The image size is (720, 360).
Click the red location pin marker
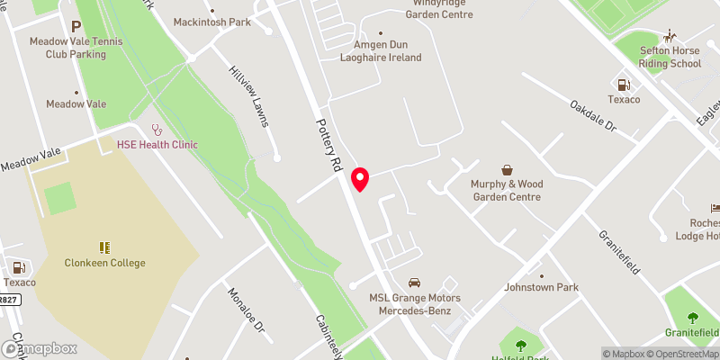pos(360,179)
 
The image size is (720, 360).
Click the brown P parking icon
pos(76,27)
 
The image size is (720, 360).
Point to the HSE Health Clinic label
pos(157,144)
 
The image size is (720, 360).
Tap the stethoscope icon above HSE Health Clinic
pos(157,130)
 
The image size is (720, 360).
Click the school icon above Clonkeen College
pos(105,247)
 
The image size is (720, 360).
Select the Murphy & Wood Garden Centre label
pos(507,190)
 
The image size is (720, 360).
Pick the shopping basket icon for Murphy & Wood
pos(507,169)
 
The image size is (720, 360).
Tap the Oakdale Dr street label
pos(591,118)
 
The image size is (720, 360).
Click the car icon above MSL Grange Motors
pos(414,283)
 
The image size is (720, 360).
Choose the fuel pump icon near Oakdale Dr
pos(622,85)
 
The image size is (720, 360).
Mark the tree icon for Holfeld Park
pos(520,345)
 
